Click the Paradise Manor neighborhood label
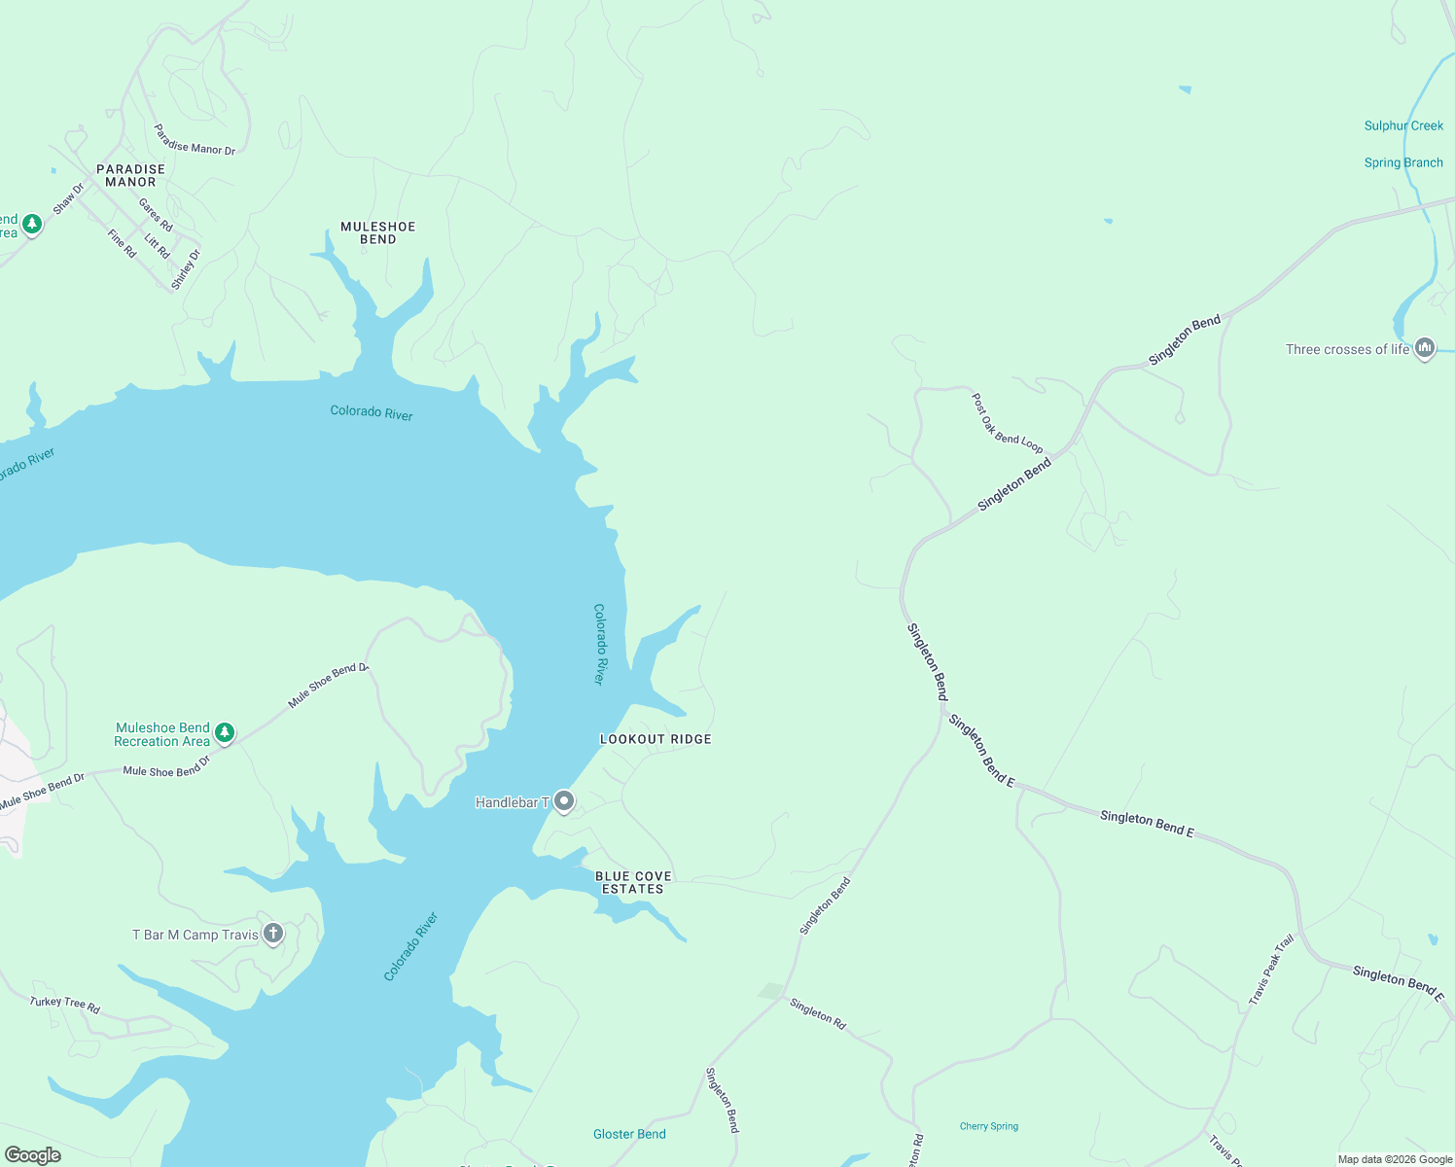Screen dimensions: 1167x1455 click(130, 176)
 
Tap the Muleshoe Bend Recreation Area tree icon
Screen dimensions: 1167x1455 click(225, 733)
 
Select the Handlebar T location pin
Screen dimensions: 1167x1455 click(564, 801)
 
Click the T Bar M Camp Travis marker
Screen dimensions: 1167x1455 click(273, 934)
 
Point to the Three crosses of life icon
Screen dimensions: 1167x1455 click(1425, 347)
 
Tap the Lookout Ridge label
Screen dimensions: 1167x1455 click(656, 739)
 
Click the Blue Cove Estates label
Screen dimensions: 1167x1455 click(633, 882)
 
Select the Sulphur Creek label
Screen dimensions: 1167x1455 click(1403, 125)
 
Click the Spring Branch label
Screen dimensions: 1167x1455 click(1403, 162)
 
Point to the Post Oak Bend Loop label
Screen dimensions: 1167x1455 click(1007, 424)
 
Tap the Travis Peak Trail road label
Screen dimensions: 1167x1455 click(1271, 969)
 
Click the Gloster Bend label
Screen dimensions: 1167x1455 click(629, 1134)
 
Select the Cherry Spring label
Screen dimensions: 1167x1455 click(989, 1126)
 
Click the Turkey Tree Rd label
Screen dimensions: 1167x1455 click(65, 1005)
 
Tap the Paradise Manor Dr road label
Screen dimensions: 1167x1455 click(195, 140)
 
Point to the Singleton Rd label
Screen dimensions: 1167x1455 click(818, 1013)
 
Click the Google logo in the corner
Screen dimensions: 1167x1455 click(32, 1155)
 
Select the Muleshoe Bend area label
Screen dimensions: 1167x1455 click(378, 232)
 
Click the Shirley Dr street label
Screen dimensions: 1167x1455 click(185, 269)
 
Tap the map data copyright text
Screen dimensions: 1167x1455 click(1395, 1159)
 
